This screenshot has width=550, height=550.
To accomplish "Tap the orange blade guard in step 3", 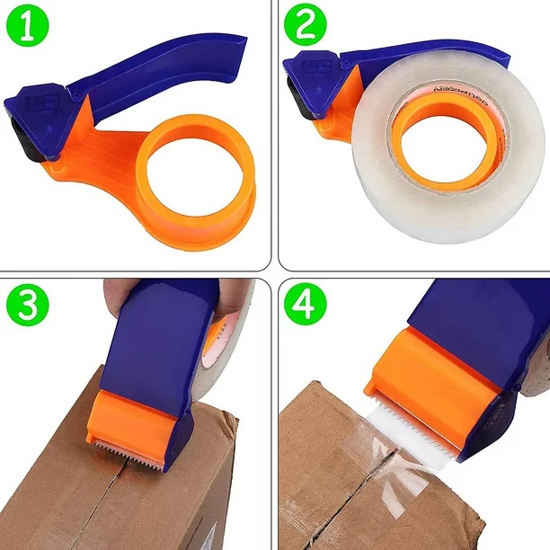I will coord(135,418).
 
